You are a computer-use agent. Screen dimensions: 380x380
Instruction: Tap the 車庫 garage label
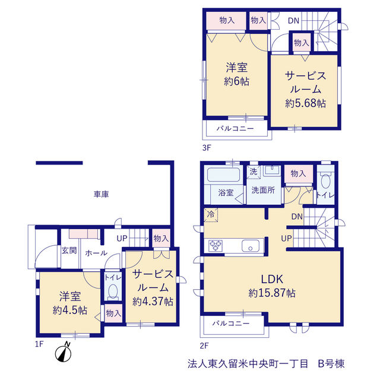click(x=102, y=194)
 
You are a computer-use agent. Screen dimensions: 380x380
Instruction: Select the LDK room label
click(x=272, y=279)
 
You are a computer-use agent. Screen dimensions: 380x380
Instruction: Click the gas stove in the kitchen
click(x=216, y=246)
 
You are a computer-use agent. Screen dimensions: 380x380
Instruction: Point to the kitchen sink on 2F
click(x=251, y=246)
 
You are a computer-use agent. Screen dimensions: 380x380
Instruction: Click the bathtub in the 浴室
click(x=223, y=175)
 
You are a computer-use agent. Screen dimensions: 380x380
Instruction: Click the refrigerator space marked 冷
click(x=211, y=214)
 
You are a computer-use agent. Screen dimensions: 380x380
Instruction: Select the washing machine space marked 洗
click(x=254, y=172)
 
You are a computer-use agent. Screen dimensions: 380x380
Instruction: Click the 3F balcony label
click(x=235, y=128)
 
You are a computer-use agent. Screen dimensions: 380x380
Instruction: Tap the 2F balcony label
click(x=231, y=323)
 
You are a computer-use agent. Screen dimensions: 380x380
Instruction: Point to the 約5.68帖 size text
click(x=305, y=103)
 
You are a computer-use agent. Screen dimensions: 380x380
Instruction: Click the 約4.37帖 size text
click(x=153, y=302)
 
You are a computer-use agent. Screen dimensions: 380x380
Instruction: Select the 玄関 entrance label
click(x=69, y=251)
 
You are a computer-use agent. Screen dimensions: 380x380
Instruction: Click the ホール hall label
click(x=96, y=253)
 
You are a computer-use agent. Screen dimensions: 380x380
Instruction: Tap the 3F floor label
click(x=207, y=148)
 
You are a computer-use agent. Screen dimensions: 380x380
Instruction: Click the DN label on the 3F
click(x=293, y=21)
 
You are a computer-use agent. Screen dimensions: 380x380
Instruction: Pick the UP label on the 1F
click(x=122, y=239)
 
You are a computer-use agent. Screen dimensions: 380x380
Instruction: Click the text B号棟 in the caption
click(x=331, y=363)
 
